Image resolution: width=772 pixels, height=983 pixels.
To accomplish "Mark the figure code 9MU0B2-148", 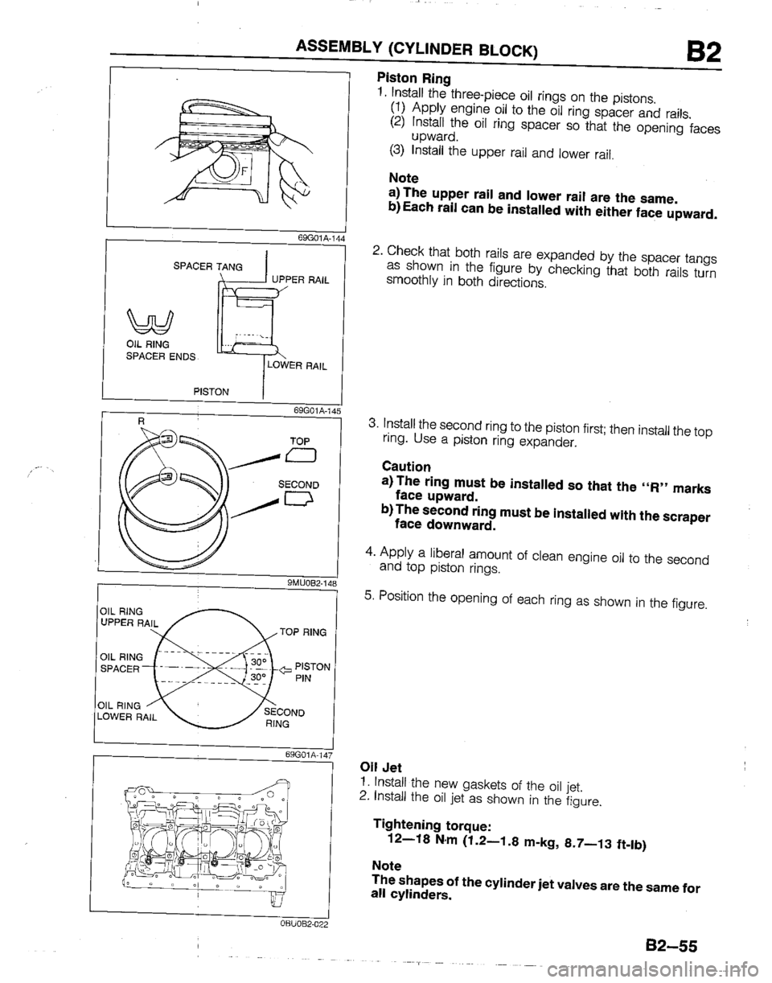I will coord(308,583).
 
